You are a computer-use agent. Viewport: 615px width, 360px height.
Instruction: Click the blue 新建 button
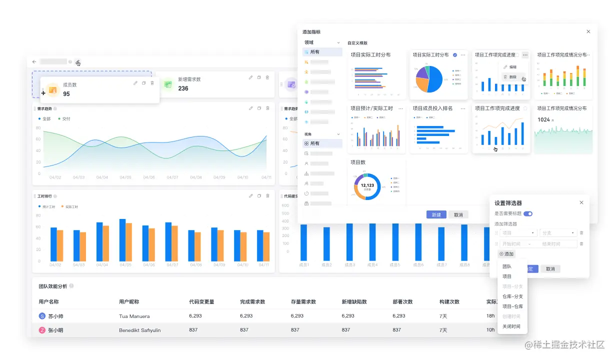click(436, 214)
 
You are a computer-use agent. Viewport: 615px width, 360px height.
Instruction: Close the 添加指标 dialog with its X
click(588, 31)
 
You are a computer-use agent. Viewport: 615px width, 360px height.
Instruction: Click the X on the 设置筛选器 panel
click(581, 202)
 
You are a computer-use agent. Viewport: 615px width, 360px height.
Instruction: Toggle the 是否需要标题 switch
click(527, 213)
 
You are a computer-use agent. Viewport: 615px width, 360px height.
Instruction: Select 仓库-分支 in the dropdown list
click(512, 296)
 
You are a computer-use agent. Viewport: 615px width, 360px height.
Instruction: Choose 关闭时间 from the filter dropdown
click(511, 326)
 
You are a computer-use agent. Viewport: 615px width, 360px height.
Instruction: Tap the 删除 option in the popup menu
click(513, 77)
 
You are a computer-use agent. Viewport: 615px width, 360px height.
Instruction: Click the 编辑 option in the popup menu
click(513, 67)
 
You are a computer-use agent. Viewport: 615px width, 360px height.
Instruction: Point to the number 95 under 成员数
click(66, 94)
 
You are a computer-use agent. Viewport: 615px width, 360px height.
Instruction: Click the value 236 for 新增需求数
click(183, 88)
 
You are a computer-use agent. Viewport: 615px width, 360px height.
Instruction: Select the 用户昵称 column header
click(129, 302)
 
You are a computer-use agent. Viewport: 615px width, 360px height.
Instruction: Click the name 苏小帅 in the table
click(55, 316)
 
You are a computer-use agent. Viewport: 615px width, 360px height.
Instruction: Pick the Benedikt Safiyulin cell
click(140, 330)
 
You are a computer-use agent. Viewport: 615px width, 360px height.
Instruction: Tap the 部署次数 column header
click(403, 302)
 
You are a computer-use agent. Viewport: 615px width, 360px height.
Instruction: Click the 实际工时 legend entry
click(71, 206)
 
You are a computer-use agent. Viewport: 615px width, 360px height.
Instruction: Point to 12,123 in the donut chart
click(367, 185)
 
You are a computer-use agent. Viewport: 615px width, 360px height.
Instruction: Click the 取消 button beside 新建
click(458, 214)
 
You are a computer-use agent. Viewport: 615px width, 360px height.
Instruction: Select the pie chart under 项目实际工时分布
click(429, 79)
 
